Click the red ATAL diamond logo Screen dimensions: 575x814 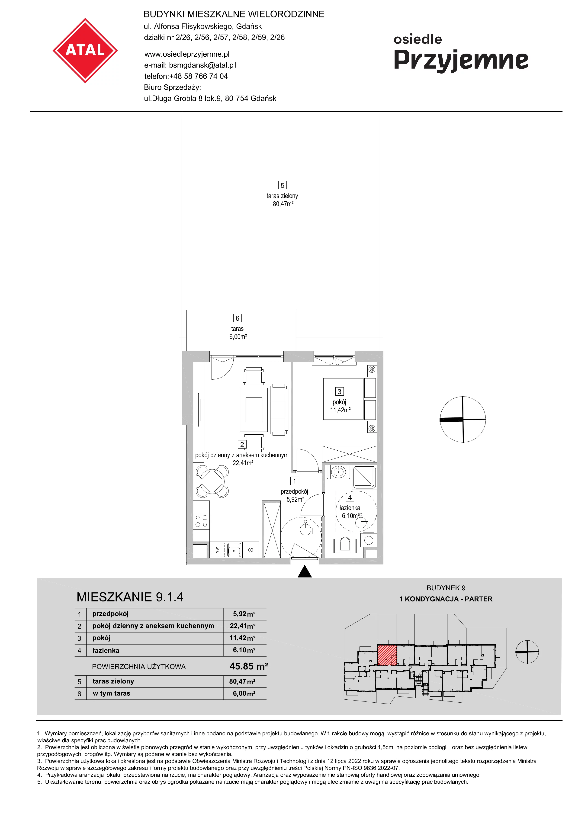[85, 51]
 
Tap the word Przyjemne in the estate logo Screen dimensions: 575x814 [461, 61]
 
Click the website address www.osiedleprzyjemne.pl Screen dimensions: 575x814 [187, 54]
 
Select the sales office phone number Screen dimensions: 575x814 [198, 76]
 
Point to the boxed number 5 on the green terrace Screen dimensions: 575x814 [282, 185]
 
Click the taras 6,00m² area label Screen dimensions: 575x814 [238, 333]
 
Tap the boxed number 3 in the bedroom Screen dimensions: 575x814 [339, 391]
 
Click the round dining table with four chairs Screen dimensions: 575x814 [212, 481]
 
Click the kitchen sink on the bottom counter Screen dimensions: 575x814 [234, 550]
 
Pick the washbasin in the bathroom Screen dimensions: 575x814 [339, 472]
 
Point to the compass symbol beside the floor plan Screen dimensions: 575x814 [463, 419]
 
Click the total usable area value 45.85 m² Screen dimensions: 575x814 [249, 666]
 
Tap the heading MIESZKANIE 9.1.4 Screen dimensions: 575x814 [130, 597]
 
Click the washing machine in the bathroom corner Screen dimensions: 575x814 [369, 540]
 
